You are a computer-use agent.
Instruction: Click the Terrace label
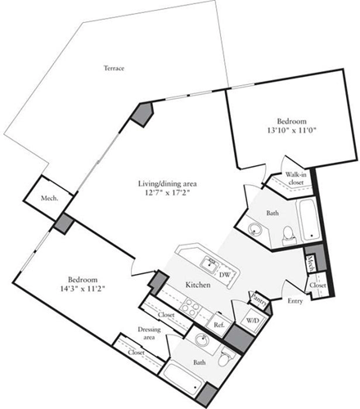pos(114,68)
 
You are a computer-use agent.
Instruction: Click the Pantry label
pos(260,298)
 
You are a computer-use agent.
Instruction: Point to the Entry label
pos(293,302)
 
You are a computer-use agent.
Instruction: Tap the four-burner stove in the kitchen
pos(190,308)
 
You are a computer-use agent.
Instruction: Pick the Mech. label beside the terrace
pos(50,200)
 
